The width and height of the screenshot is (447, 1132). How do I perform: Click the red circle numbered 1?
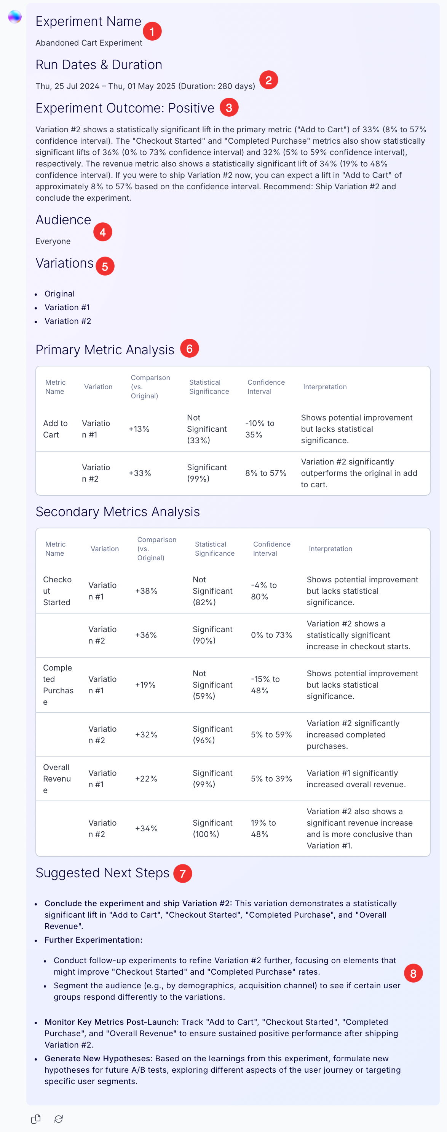pos(152,31)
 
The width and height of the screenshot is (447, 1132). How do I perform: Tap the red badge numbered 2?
pos(268,80)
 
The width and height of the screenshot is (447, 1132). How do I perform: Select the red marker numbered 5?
pos(105,266)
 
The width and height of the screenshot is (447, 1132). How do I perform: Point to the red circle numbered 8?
pos(413,973)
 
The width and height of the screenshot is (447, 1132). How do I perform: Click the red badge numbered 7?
pos(183,873)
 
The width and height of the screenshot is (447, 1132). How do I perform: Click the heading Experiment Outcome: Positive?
pos(125,108)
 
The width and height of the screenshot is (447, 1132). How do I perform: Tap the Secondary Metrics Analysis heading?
pos(118,512)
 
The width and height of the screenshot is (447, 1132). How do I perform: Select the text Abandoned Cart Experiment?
pos(89,43)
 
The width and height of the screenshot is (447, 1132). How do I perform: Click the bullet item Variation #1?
pos(67,307)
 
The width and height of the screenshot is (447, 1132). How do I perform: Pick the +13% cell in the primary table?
pos(139,429)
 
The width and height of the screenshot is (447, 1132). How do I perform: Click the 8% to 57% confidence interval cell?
pos(266,473)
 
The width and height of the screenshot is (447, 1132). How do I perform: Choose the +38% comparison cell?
pos(146,591)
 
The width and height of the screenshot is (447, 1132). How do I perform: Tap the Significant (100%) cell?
pos(212,828)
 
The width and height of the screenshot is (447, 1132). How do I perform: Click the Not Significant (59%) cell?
pos(212,685)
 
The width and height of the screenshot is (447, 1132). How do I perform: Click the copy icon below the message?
pos(36,1119)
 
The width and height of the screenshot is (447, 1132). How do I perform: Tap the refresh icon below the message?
pos(59,1119)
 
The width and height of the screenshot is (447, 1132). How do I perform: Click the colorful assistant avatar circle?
pos(15,17)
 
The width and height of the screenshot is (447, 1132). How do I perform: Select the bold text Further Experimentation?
pos(93,940)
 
